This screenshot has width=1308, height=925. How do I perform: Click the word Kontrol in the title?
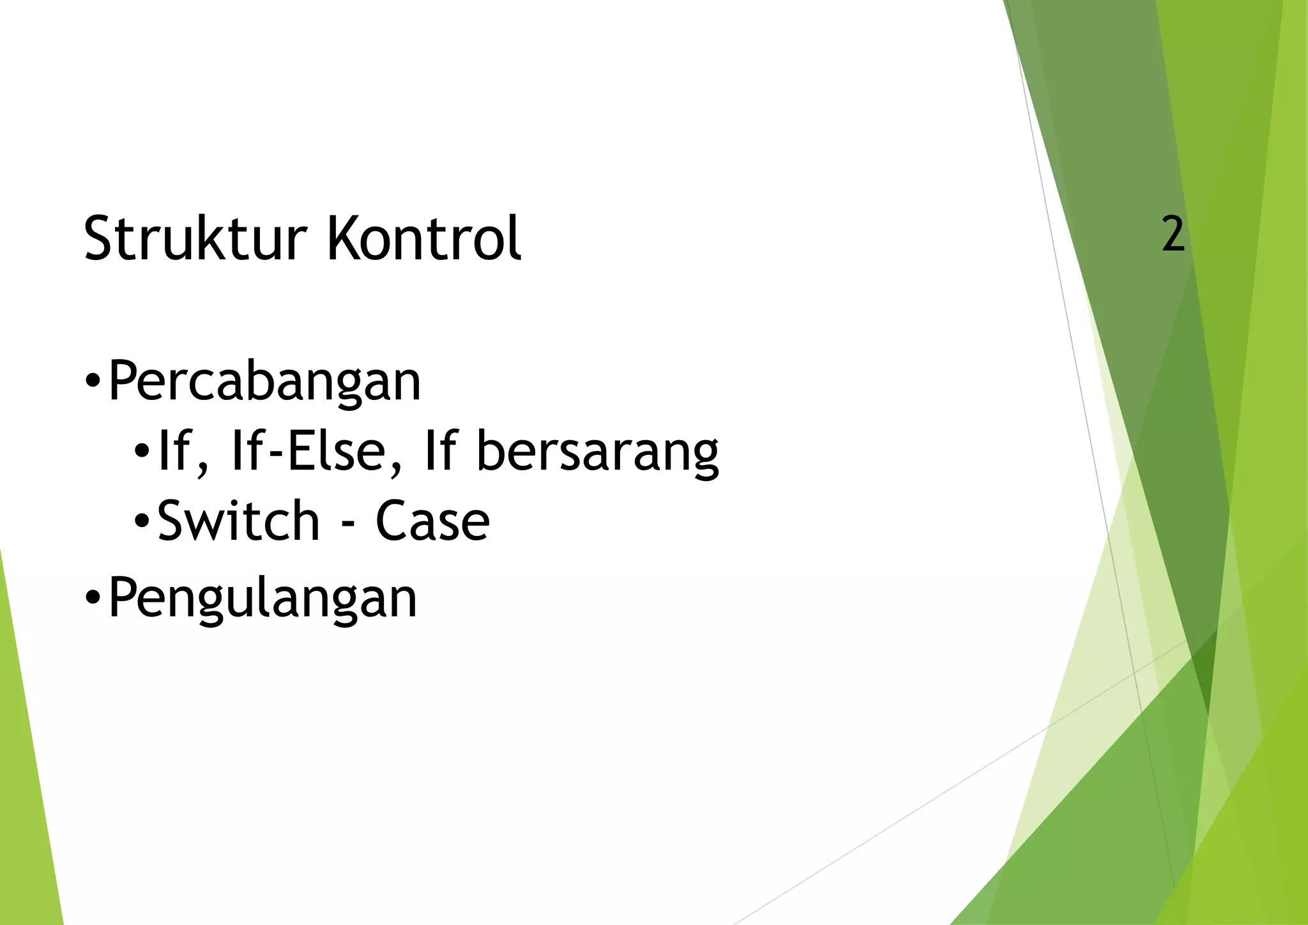tap(423, 238)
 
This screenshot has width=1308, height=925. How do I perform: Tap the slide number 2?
tap(1173, 234)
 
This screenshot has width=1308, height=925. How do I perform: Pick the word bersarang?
tap(598, 451)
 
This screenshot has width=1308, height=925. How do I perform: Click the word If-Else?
tap(317, 451)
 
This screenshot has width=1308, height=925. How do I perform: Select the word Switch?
tap(238, 521)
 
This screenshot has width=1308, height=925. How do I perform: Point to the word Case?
tap(432, 521)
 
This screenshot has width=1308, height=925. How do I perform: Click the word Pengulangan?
tap(262, 598)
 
